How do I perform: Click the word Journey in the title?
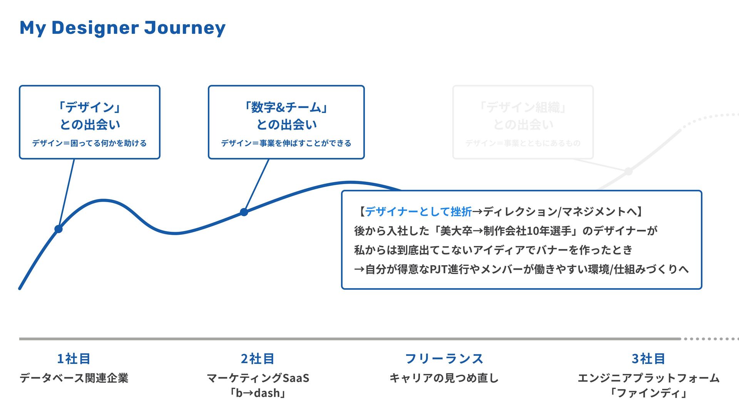[x=185, y=28]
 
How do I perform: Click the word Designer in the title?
[x=95, y=28]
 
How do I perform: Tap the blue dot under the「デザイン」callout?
[x=59, y=229]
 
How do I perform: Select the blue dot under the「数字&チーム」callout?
[x=244, y=212]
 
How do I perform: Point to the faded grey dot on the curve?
[x=628, y=171]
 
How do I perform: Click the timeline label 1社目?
[x=74, y=359]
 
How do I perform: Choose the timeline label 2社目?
[x=257, y=359]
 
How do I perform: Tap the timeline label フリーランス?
[x=444, y=359]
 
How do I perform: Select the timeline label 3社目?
[x=649, y=359]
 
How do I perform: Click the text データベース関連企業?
[x=74, y=378]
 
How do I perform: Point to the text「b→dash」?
[x=257, y=393]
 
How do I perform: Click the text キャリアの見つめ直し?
[x=444, y=378]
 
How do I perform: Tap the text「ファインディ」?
[x=649, y=393]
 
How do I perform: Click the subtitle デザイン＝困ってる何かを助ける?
[x=89, y=143]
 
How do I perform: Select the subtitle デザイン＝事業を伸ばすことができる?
[x=286, y=143]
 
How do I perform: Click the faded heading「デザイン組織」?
[x=523, y=107]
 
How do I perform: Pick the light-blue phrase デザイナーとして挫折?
[x=418, y=211]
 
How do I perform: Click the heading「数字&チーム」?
[x=286, y=107]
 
